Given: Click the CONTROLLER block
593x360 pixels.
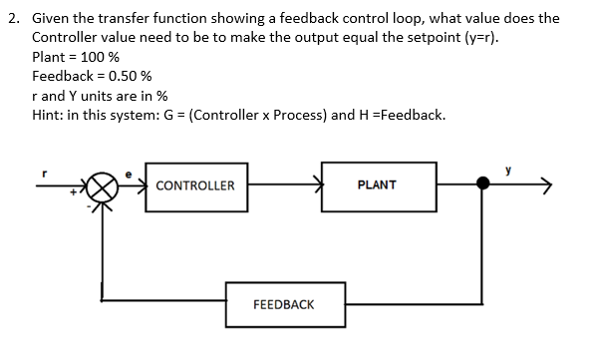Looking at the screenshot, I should pos(195,185).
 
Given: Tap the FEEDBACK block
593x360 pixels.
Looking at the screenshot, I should pos(284,303).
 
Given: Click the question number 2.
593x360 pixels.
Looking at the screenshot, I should pos(11,18).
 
